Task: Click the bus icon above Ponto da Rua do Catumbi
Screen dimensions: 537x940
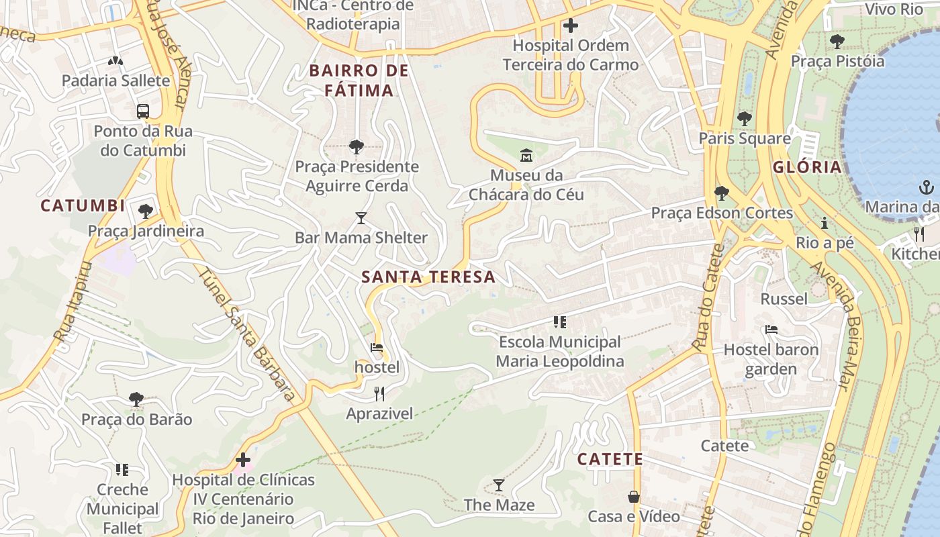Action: click(x=142, y=111)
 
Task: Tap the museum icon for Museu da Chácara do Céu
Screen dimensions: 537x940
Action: click(x=526, y=156)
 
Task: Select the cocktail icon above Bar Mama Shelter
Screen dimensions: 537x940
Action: click(x=361, y=218)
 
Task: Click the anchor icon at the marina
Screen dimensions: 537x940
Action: click(x=927, y=187)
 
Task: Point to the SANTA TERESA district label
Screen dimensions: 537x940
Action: click(x=428, y=277)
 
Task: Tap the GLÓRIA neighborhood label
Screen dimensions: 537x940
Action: click(x=806, y=167)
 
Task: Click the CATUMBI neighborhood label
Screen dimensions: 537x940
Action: click(x=83, y=205)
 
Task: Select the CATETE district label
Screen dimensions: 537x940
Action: click(x=610, y=459)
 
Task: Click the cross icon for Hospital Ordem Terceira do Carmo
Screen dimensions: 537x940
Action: click(x=570, y=26)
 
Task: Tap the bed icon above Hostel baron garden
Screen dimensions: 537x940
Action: click(x=771, y=330)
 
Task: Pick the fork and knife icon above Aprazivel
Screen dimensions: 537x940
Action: click(x=379, y=394)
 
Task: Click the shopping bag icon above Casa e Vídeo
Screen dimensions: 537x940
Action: click(x=633, y=497)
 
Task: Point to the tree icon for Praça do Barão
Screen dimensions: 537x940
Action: click(x=136, y=399)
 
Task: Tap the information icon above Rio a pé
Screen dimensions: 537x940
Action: click(x=825, y=223)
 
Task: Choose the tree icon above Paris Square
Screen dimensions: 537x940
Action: click(x=744, y=119)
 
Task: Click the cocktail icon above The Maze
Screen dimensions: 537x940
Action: click(x=498, y=485)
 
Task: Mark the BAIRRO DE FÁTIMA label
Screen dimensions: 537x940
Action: click(x=359, y=81)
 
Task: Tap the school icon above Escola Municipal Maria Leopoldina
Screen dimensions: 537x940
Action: click(x=559, y=322)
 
